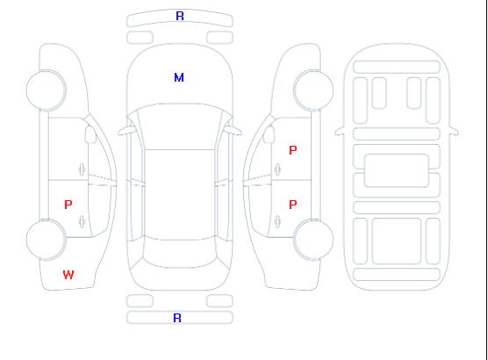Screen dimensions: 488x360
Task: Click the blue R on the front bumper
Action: pos(180,16)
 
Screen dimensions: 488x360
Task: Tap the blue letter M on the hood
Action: pos(179,77)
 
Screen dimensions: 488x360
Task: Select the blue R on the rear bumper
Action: pos(177,318)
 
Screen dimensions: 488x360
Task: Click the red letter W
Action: pos(68,275)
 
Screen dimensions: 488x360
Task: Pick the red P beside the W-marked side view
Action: pos(68,205)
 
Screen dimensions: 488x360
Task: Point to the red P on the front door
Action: pos(293,150)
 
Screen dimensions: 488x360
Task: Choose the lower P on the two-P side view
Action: pos(293,205)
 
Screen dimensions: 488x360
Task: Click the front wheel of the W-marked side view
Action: pos(46,90)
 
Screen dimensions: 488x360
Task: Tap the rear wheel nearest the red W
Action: pos(46,240)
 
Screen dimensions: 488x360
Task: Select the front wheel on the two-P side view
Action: pos(313,90)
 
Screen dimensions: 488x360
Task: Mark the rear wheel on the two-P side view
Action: pos(313,240)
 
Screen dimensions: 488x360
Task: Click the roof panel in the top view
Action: pos(180,195)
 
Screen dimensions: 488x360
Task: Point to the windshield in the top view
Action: pos(180,126)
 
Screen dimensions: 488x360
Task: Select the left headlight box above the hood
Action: pos(140,38)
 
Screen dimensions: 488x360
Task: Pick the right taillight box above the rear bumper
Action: pos(219,301)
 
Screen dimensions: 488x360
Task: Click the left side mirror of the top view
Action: pos(126,131)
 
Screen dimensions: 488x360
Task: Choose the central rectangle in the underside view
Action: pos(397,170)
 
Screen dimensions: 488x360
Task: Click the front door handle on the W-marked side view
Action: pos(82,169)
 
